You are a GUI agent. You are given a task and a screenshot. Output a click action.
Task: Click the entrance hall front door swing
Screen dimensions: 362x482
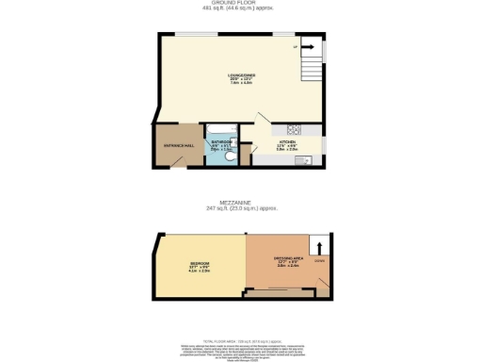[x=176, y=162]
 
